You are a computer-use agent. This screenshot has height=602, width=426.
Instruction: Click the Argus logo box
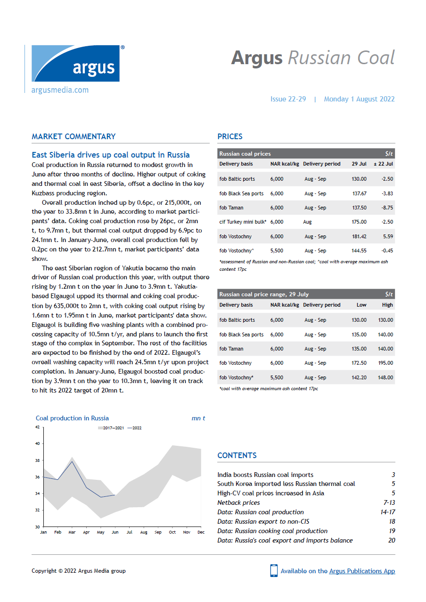pyautogui.click(x=75, y=63)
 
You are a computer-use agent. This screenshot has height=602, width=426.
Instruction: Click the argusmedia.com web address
pyautogui.click(x=60, y=90)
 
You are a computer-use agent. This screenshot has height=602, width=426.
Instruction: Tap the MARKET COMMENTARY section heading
pyautogui.click(x=74, y=136)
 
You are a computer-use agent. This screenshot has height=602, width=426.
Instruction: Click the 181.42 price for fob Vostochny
pyautogui.click(x=359, y=236)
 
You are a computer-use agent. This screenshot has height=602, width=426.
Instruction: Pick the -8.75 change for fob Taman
pyautogui.click(x=387, y=208)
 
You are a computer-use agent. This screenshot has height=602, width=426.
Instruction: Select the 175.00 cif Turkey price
pyautogui.click(x=359, y=222)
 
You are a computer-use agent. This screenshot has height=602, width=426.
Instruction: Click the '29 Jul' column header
pyautogui.click(x=359, y=164)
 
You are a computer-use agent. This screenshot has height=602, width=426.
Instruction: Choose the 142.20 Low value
pyautogui.click(x=359, y=377)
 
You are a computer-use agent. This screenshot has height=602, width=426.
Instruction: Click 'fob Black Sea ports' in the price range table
pyautogui.click(x=241, y=334)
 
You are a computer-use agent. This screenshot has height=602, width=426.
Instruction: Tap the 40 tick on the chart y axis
pyautogui.click(x=37, y=443)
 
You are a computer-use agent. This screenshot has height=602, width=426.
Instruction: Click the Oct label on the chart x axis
pyautogui.click(x=173, y=532)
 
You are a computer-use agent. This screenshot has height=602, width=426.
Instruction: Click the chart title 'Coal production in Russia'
pyautogui.click(x=72, y=418)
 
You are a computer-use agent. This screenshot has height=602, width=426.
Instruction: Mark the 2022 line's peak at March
pyautogui.click(x=72, y=461)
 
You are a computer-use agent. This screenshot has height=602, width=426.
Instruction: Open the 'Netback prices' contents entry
pyautogui.click(x=239, y=502)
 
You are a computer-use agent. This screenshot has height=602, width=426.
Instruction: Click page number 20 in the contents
pyautogui.click(x=391, y=540)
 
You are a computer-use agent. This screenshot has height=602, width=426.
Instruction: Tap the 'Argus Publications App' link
pyautogui.click(x=362, y=571)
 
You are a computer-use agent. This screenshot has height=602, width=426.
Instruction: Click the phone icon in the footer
pyautogui.click(x=274, y=570)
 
